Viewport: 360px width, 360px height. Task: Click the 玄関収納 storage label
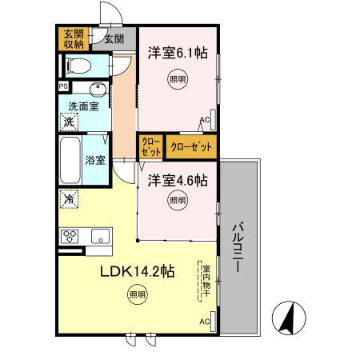(74, 39)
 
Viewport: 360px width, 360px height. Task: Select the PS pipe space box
(63, 86)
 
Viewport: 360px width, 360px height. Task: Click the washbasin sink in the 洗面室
(98, 90)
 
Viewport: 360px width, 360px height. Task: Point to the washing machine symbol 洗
(69, 122)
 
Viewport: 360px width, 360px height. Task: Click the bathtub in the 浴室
(70, 160)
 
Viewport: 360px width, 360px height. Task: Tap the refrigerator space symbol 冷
(69, 199)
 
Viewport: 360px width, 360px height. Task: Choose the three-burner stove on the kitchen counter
(70, 236)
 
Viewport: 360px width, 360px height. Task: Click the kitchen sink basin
(100, 236)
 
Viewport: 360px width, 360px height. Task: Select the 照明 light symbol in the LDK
(138, 294)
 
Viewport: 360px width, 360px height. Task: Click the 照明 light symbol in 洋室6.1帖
(178, 79)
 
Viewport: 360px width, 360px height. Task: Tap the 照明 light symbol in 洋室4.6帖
(178, 200)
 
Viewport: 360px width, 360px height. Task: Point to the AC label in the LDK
(205, 322)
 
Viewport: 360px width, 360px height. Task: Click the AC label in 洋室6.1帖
(205, 120)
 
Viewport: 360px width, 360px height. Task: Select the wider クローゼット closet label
(191, 147)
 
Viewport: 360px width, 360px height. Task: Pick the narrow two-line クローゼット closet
(151, 147)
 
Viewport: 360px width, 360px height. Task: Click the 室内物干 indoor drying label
(206, 281)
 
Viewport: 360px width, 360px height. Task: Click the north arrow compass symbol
(289, 318)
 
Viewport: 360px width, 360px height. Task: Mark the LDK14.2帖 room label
(138, 271)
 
